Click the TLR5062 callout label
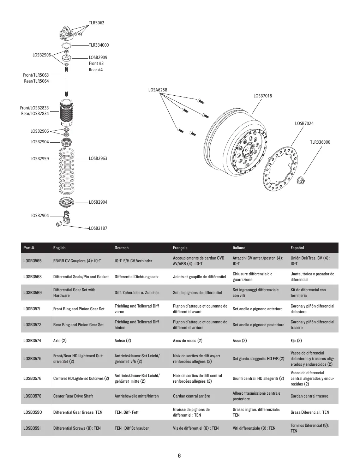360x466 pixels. coord(96,23)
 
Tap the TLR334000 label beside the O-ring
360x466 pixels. coord(99,45)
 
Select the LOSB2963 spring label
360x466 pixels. coord(98,159)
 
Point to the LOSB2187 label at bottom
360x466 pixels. coord(98,228)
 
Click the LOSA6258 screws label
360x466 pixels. coord(158,90)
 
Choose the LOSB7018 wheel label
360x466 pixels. coord(263,96)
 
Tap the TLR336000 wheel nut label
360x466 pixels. coord(320,142)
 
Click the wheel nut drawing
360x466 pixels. coord(301,180)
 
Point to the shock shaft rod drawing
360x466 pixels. coord(66,82)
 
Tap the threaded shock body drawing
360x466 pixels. coord(66,113)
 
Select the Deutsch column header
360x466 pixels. coord(121,248)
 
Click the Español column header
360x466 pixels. coord(297,248)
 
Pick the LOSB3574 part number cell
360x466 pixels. coord(32,341)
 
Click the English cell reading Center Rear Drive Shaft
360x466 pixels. coord(73,396)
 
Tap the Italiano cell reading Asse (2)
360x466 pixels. coord(240,341)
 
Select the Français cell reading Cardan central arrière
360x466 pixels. coord(192,396)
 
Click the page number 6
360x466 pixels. coord(179,456)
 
